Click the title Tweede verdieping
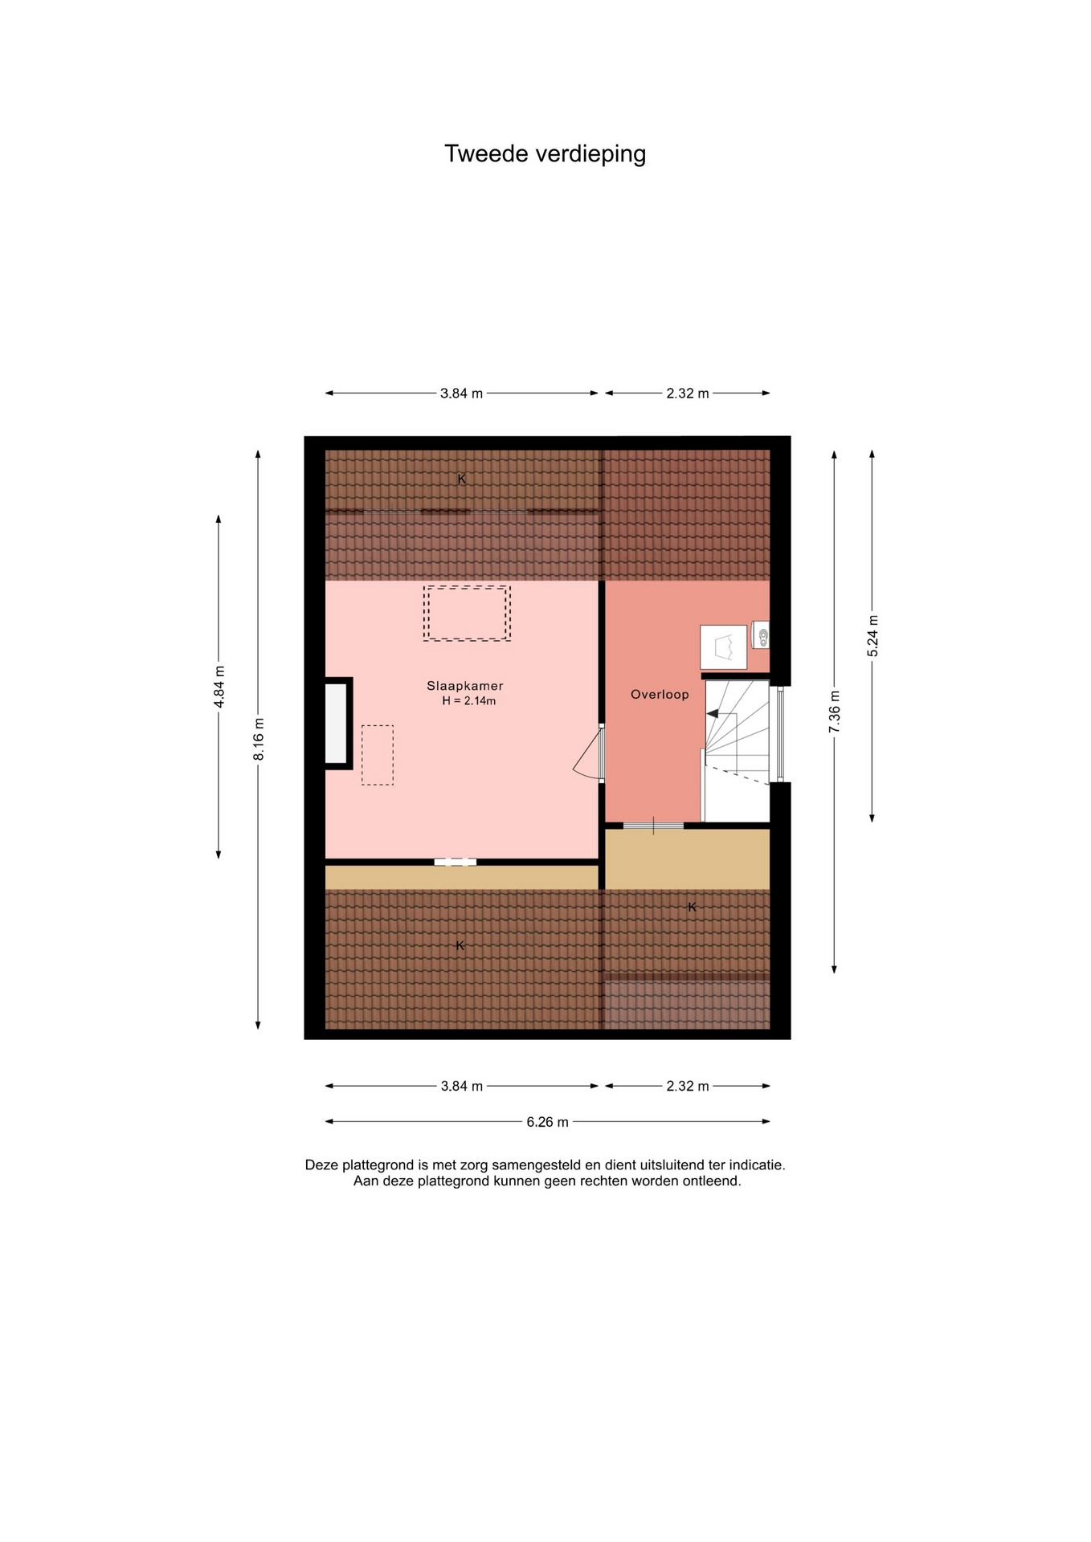545,153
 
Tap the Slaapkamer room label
464,686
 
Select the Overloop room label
660,695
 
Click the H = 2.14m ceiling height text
468,701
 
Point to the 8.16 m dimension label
259,740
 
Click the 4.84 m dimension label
219,687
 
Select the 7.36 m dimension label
835,711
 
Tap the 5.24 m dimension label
873,636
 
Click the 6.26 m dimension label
547,1122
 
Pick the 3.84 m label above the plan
461,394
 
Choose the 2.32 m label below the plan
688,1087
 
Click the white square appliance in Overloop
724,647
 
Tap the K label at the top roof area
461,479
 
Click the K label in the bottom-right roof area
692,908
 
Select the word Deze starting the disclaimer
322,1165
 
